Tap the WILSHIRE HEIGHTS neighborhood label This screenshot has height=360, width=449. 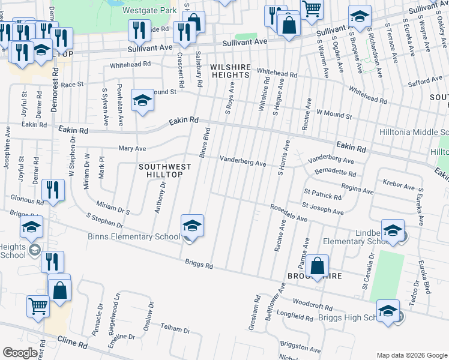tap(229, 70)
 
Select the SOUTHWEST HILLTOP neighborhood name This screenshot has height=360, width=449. tap(164, 171)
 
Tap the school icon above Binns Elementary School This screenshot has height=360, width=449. tap(192, 226)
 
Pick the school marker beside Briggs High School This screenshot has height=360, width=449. tap(388, 311)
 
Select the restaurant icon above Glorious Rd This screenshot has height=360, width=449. tap(53, 191)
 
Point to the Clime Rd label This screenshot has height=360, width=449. tap(73, 345)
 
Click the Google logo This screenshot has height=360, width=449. tap(19, 352)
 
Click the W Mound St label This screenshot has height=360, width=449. tap(334, 112)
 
